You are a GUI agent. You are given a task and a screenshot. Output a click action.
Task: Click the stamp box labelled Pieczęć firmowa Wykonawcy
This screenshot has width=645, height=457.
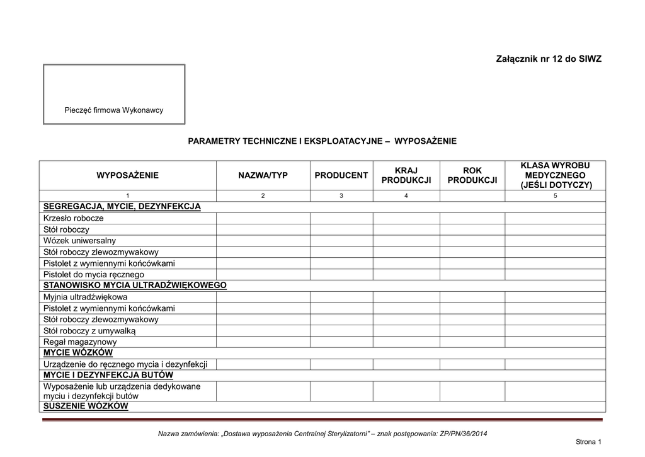pyautogui.click(x=114, y=94)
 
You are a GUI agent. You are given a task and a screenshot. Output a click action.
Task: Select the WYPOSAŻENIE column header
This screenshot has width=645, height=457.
pyautogui.click(x=127, y=175)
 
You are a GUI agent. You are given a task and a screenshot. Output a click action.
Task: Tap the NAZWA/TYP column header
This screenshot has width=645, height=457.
pyautogui.click(x=263, y=175)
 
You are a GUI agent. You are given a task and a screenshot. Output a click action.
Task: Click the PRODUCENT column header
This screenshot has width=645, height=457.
pyautogui.click(x=341, y=175)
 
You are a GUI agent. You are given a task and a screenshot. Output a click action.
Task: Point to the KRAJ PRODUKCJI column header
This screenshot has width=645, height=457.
pyautogui.click(x=406, y=175)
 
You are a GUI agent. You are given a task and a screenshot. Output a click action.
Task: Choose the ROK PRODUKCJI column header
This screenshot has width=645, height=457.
pyautogui.click(x=472, y=175)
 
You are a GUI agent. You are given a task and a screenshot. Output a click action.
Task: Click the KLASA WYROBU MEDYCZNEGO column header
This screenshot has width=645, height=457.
pyautogui.click(x=555, y=175)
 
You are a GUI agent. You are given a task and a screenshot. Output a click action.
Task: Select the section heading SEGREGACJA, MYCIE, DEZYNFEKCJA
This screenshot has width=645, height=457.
pyautogui.click(x=122, y=207)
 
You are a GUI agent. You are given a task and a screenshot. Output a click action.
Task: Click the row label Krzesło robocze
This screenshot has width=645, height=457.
pyautogui.click(x=74, y=218)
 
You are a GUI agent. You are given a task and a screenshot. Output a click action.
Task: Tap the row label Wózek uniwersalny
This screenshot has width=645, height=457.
pyautogui.click(x=80, y=241)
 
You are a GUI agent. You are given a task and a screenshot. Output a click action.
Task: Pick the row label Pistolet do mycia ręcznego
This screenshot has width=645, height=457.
pyautogui.click(x=94, y=275)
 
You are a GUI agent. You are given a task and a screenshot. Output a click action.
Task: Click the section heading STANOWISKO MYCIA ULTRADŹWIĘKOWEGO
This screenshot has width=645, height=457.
pyautogui.click(x=135, y=286)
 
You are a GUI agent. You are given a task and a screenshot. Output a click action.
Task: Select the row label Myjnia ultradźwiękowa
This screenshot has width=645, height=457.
pyautogui.click(x=86, y=297)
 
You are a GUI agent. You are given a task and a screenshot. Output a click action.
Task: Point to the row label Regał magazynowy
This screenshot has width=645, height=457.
pyautogui.click(x=80, y=342)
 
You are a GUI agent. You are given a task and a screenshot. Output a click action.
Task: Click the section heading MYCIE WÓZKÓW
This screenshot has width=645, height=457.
pyautogui.click(x=78, y=353)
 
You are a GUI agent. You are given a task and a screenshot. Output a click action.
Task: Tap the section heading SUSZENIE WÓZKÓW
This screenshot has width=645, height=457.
pyautogui.click(x=86, y=407)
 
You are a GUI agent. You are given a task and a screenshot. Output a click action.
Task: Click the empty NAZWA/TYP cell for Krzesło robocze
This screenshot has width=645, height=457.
pyautogui.click(x=263, y=218)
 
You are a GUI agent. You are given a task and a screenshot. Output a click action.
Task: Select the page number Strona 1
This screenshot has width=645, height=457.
pyautogui.click(x=589, y=443)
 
